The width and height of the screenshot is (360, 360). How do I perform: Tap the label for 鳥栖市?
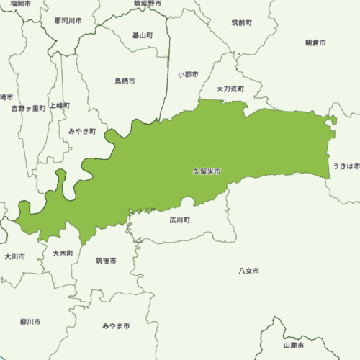coord(125,81)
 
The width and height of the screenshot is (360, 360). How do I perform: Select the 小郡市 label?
coord(189,74)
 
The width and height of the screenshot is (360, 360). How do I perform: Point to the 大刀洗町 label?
coord(230,89)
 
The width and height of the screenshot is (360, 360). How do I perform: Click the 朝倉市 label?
coord(315,43)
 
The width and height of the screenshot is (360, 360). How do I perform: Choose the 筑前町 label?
coord(241,23)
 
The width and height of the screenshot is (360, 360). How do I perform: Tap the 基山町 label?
coord(143,35)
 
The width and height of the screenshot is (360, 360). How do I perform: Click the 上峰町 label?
coord(60,105)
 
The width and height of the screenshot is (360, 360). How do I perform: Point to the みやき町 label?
coord(82,132)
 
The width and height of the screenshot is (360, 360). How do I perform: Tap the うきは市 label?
coord(346,166)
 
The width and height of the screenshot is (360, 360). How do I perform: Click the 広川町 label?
coord(180,220)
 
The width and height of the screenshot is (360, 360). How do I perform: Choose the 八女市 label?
coord(248,271)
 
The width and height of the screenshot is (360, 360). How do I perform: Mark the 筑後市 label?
coord(106,261)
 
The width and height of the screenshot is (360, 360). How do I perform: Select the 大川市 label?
coord(14,256)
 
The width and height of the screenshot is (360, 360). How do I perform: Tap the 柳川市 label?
coord(30,322)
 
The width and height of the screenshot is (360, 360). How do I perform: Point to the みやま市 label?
coord(116,326)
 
